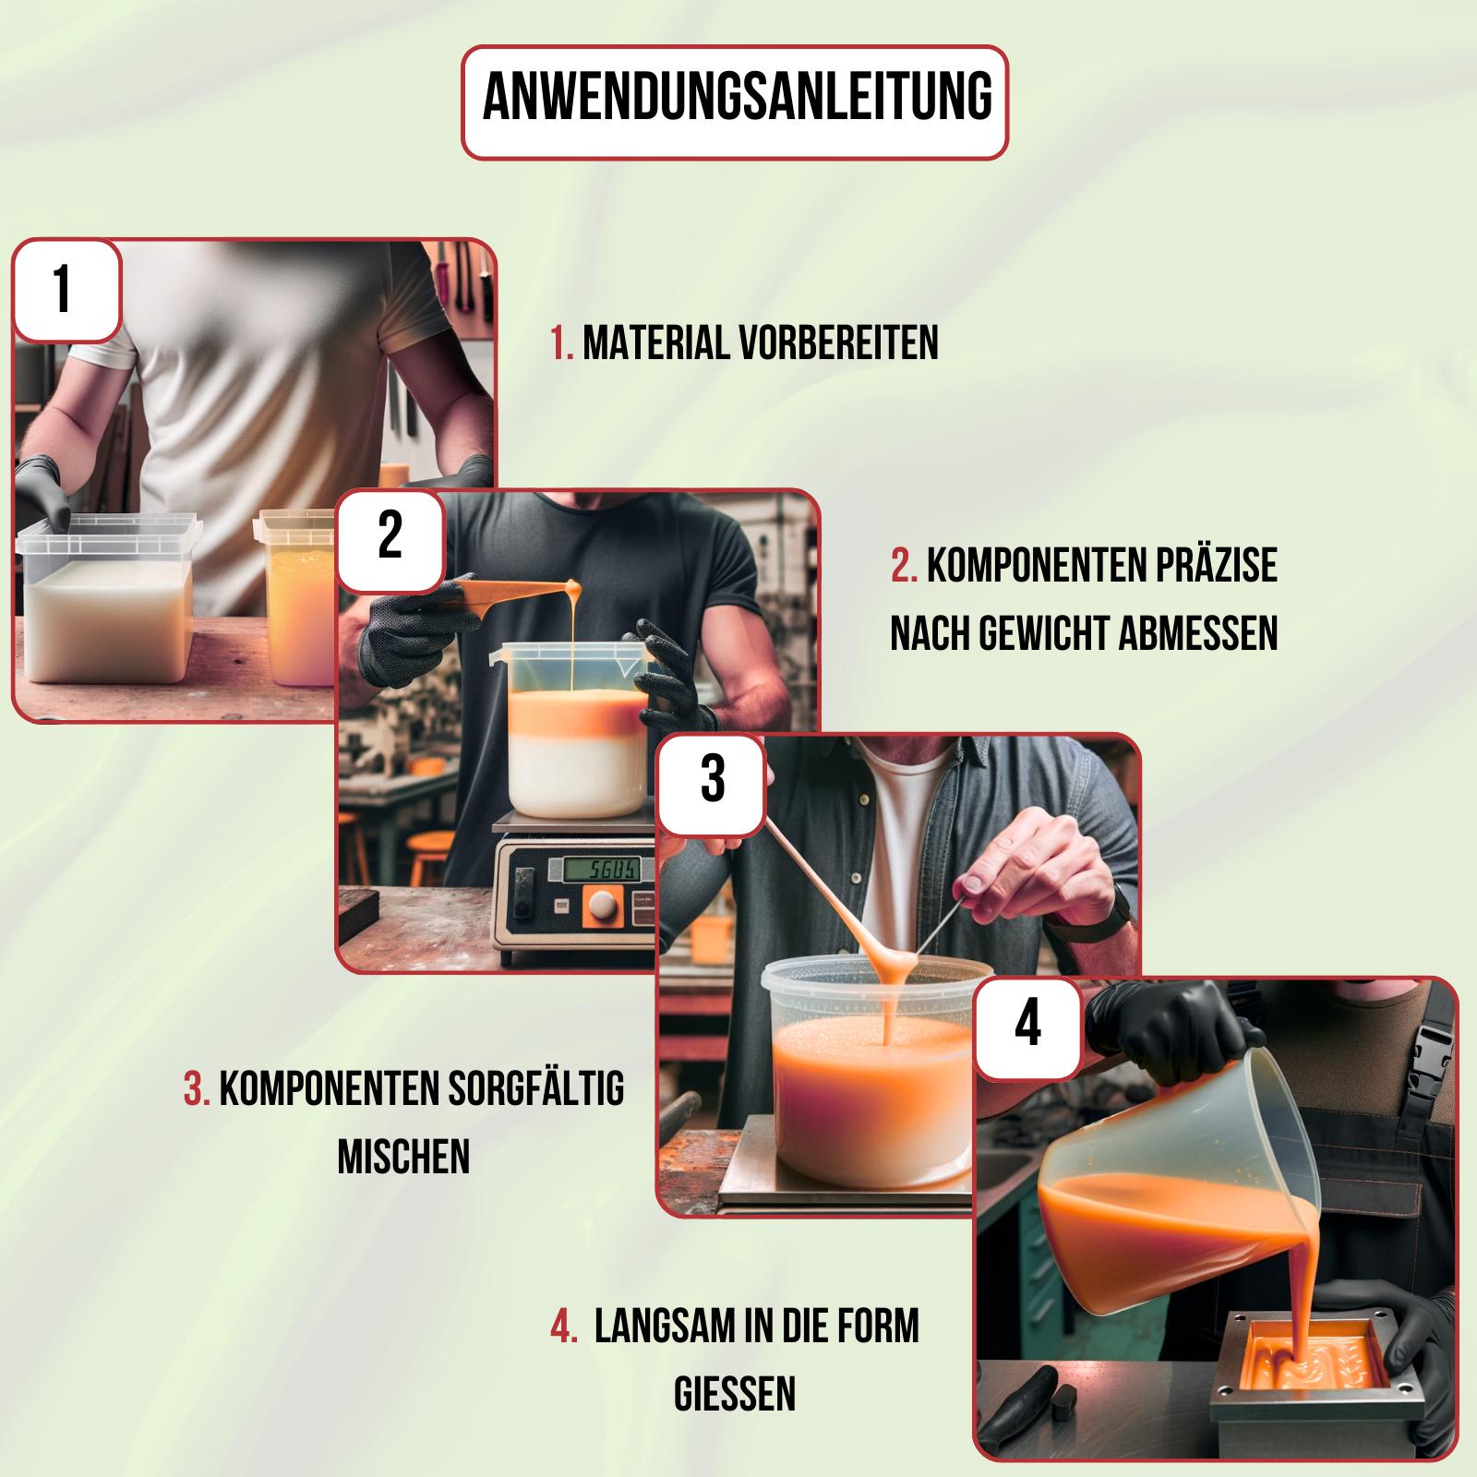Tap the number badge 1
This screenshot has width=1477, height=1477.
click(65, 290)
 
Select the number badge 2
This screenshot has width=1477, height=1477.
click(390, 536)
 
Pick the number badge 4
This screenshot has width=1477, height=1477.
click(1027, 1027)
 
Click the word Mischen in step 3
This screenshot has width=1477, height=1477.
click(404, 1156)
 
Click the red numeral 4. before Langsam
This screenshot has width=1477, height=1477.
click(563, 1327)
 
